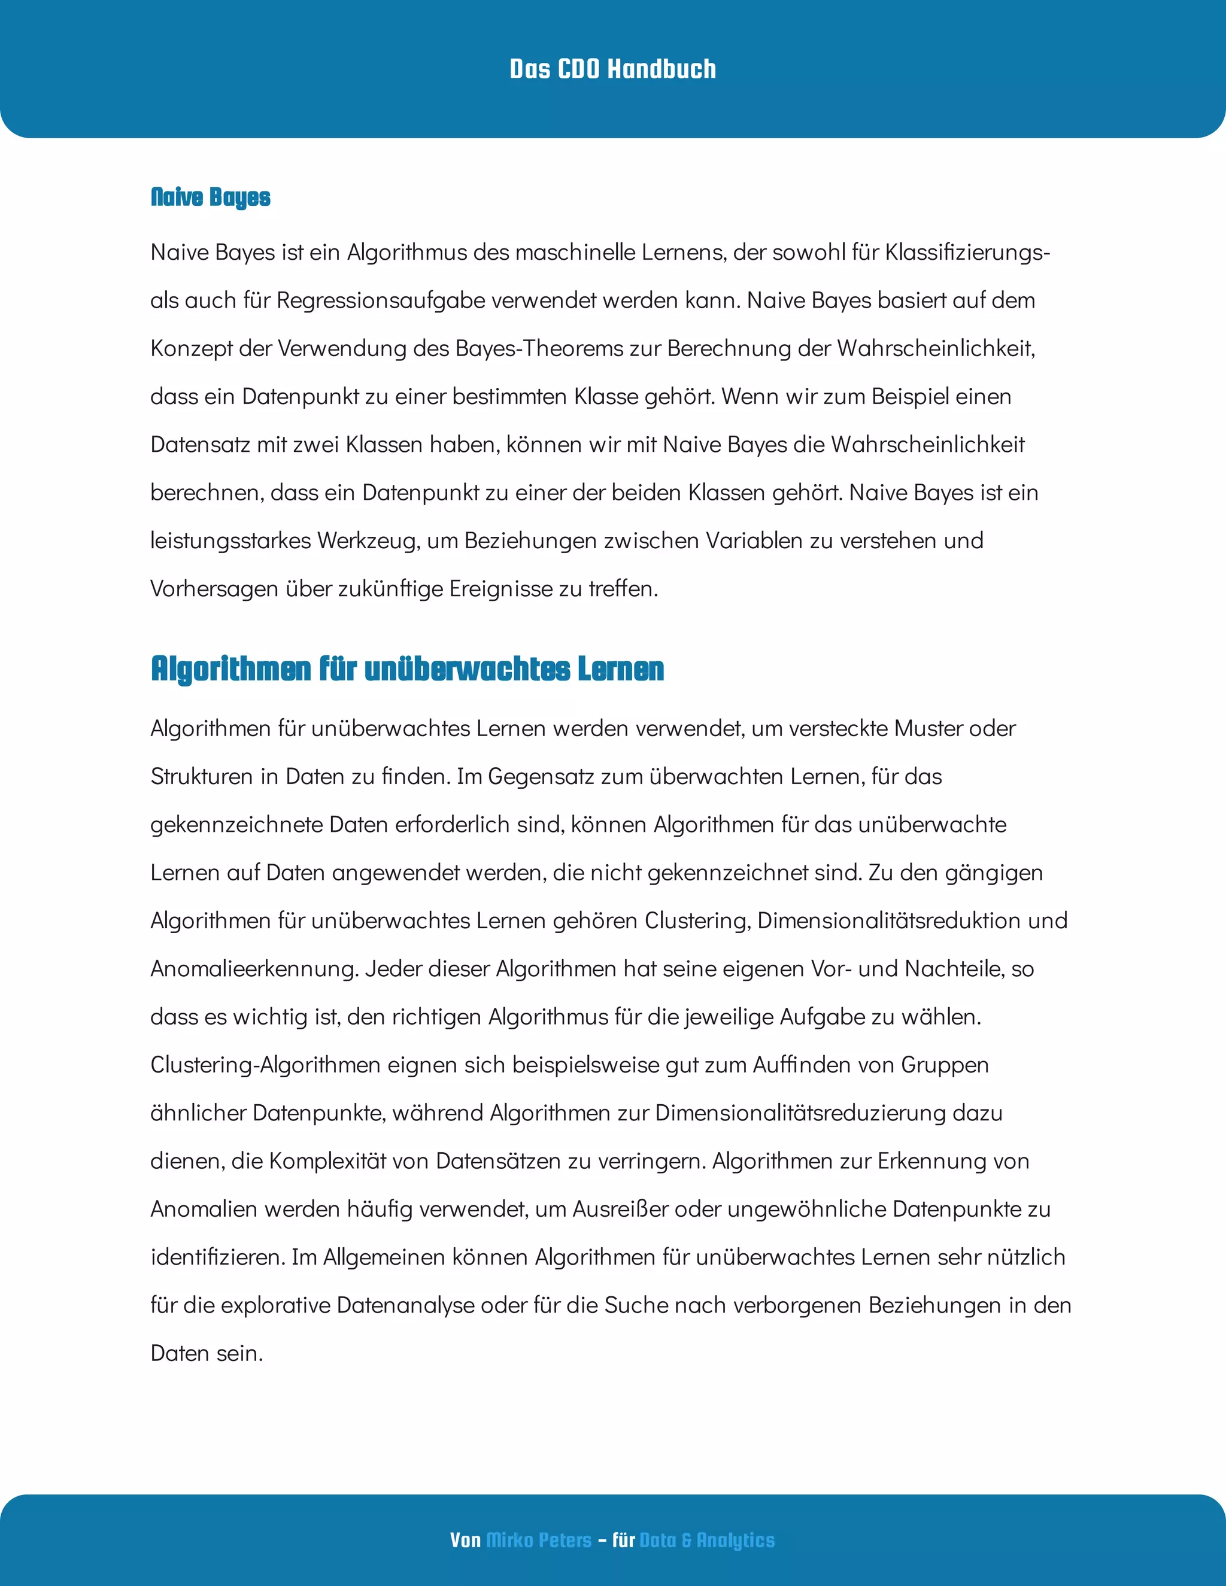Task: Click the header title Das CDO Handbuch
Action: click(x=612, y=69)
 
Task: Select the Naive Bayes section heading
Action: click(x=210, y=197)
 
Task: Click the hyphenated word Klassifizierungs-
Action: click(x=967, y=252)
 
